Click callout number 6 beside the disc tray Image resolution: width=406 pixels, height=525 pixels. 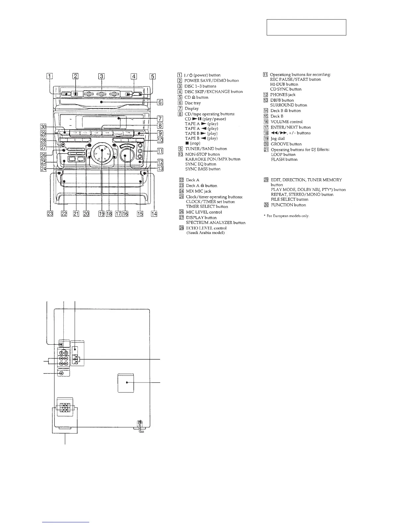(x=160, y=102)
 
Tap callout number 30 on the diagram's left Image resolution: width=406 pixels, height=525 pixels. (x=43, y=127)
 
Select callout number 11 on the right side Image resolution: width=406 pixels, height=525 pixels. (x=160, y=152)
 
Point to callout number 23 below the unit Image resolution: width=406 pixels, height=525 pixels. (x=50, y=214)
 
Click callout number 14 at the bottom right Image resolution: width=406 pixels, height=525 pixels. (x=154, y=214)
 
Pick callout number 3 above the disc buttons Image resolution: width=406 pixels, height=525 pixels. (x=101, y=76)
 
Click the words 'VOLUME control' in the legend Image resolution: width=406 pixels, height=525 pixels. (x=287, y=122)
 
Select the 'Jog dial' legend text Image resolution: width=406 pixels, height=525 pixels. (x=278, y=139)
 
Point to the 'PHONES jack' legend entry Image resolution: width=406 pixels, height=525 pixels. (x=283, y=95)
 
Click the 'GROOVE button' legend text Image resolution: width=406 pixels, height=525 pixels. (x=286, y=144)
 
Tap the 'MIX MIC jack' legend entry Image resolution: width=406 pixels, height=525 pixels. (x=198, y=191)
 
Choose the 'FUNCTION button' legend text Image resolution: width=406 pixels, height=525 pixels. (x=288, y=205)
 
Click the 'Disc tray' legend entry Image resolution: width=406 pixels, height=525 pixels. (x=193, y=103)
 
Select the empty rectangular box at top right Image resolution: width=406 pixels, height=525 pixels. (x=306, y=27)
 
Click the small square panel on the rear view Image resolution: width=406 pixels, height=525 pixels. (x=126, y=382)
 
